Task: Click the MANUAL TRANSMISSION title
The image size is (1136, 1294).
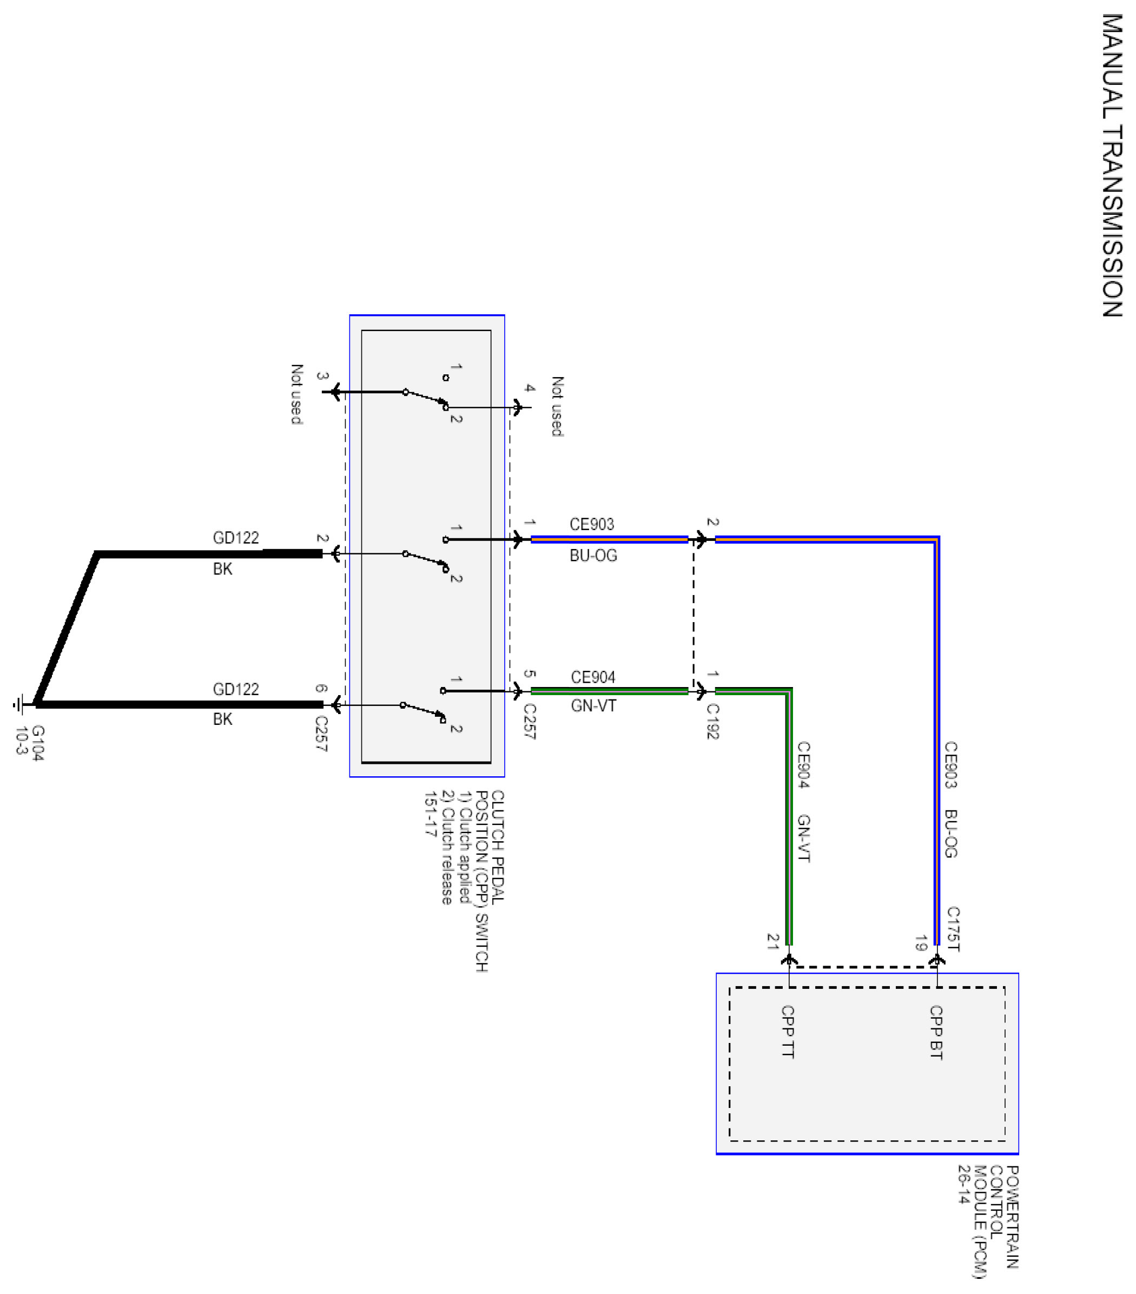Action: coord(1112,165)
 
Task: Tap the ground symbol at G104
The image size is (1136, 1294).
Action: coord(19,704)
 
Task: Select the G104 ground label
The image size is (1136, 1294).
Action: coord(38,743)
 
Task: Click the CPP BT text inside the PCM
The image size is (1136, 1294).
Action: coord(936,1032)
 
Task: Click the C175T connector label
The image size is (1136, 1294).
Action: coord(953,929)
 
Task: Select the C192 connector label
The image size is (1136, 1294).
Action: coord(712,721)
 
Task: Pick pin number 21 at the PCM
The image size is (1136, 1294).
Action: coord(772,942)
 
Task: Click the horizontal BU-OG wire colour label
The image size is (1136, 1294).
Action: coord(593,555)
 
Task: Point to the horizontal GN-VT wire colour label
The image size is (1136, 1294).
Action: coord(593,705)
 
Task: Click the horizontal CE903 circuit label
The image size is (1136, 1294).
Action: coord(591,524)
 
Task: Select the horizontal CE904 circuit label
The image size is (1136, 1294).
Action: coord(593,677)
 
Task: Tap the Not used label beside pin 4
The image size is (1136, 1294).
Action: coord(557,406)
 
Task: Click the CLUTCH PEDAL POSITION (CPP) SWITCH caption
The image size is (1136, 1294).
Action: coord(490,880)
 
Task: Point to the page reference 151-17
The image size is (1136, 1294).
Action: coord(431,814)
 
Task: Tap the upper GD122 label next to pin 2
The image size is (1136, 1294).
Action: coord(235,538)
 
